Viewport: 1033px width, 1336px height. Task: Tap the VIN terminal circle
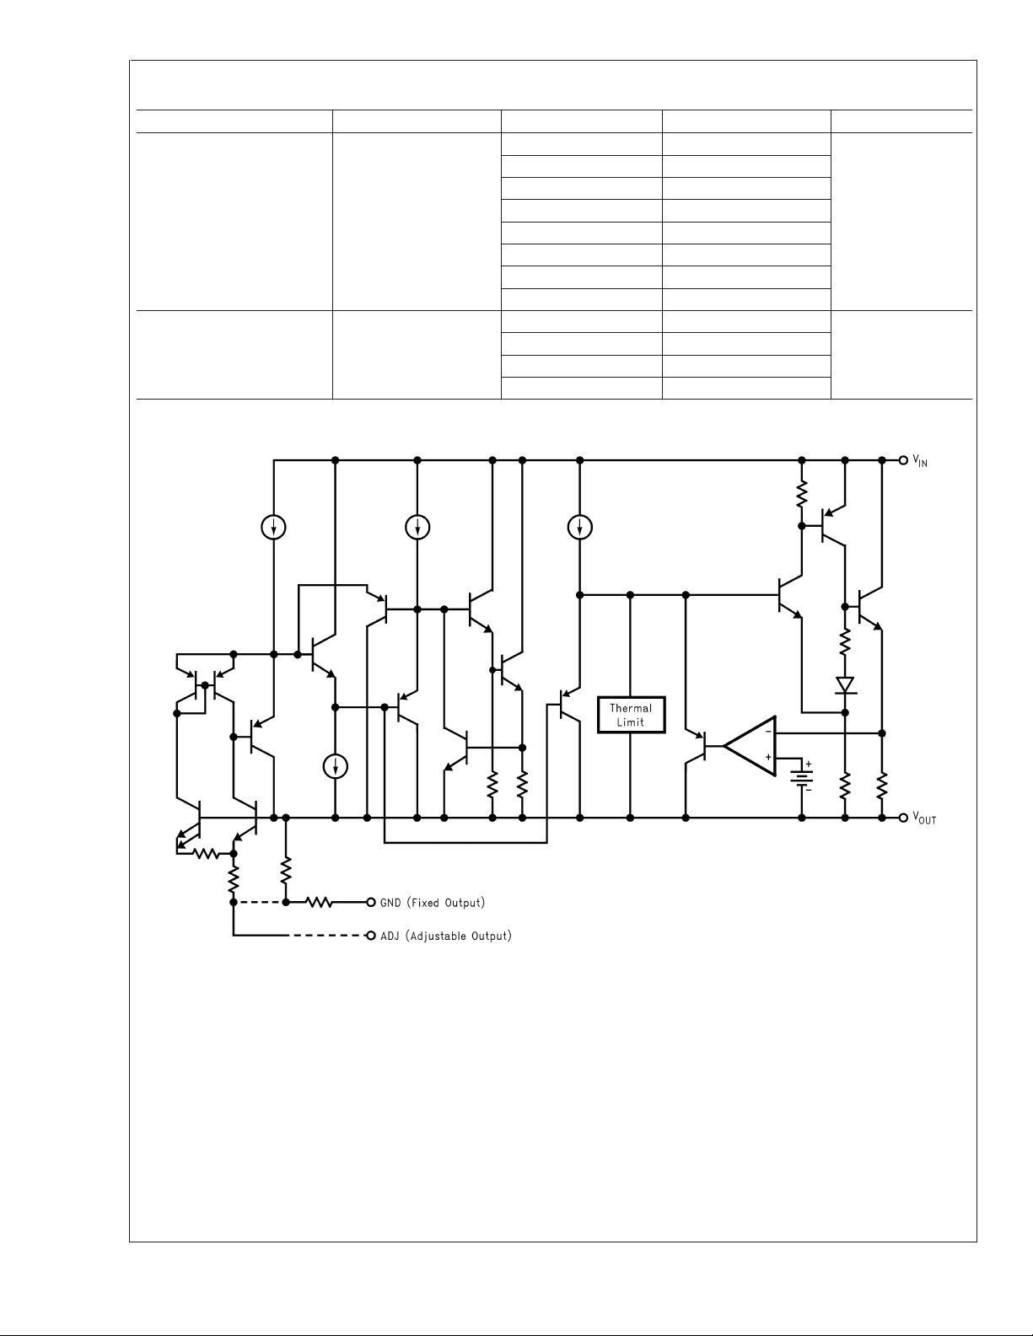903,460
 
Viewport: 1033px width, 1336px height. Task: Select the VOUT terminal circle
903,818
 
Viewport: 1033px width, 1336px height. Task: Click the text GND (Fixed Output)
433,903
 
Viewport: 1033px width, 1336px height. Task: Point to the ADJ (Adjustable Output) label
446,936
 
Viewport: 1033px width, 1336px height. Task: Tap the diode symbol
845,685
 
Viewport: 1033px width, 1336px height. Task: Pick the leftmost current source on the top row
273,527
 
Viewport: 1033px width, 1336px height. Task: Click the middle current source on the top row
417,527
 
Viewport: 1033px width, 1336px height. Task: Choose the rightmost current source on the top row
579,527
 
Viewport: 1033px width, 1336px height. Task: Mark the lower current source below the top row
335,766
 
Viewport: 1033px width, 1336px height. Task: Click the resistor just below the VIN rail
801,494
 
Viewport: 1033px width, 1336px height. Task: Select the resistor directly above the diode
845,642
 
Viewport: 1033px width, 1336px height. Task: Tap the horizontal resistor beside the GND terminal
319,903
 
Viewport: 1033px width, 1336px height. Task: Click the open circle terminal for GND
371,903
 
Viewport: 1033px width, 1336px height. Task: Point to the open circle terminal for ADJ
371,936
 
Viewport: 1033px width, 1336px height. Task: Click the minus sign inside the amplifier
768,732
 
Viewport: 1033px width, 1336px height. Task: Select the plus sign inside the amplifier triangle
768,758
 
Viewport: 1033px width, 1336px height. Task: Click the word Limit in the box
630,722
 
